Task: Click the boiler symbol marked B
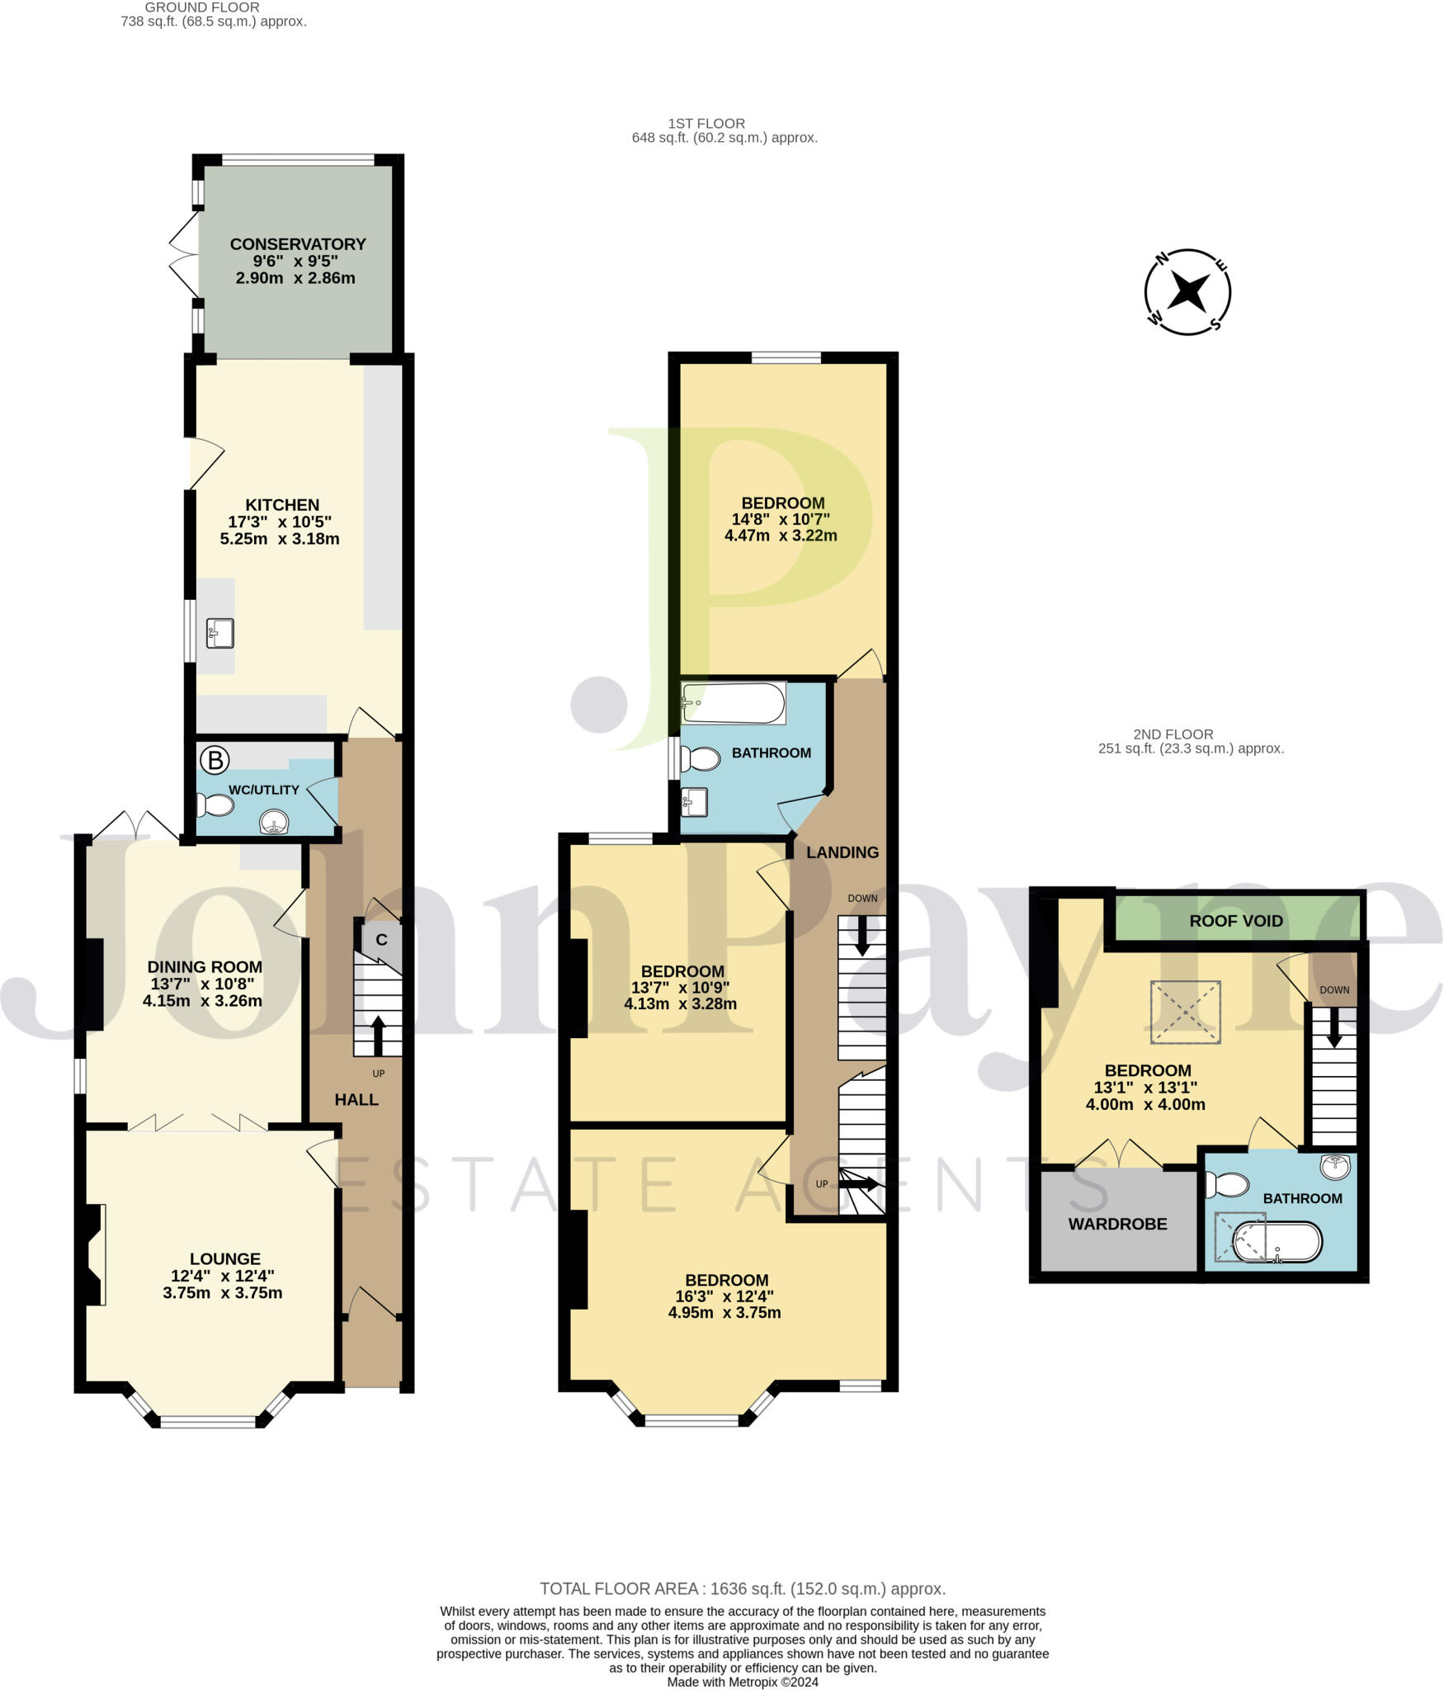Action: [215, 760]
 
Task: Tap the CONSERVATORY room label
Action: [298, 244]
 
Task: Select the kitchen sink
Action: [220, 633]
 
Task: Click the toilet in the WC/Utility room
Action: [215, 805]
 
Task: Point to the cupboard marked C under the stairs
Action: [381, 940]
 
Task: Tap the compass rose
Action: [1187, 292]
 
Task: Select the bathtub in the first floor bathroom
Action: [733, 703]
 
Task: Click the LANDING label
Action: [842, 852]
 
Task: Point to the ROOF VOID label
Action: [1235, 921]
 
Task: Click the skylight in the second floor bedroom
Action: [1186, 1012]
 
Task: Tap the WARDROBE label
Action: [1117, 1224]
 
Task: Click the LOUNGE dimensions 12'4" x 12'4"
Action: [224, 1276]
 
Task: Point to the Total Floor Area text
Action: [743, 1589]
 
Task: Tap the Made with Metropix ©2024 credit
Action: [743, 1682]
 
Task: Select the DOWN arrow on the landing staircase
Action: [862, 937]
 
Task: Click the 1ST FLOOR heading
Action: [706, 124]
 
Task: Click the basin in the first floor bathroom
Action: [694, 800]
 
